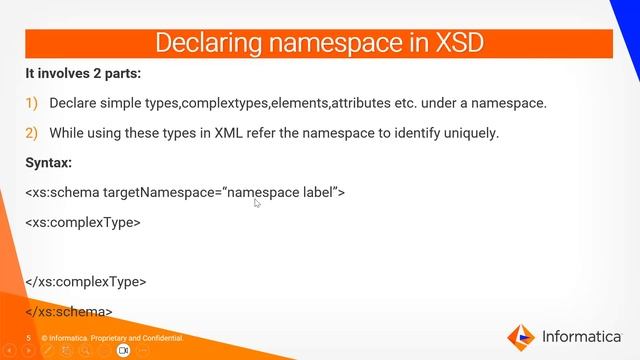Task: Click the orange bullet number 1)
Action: point(31,103)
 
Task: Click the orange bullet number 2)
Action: point(31,132)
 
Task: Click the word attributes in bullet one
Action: point(363,103)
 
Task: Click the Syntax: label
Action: point(49,162)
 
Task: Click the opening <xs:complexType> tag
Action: point(83,222)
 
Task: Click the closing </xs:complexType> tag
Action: point(86,282)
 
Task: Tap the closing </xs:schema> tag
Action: point(69,311)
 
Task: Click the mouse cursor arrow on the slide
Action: point(257,203)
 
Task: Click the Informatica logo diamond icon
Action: point(522,335)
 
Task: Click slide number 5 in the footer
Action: point(29,339)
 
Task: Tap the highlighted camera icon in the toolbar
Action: point(124,351)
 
